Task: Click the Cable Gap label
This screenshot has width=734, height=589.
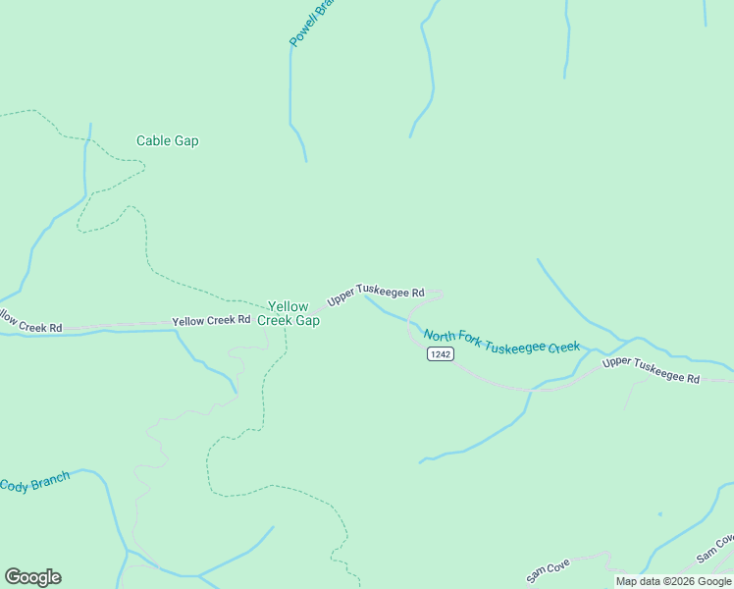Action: (167, 140)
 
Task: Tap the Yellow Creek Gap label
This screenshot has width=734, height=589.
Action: (288, 313)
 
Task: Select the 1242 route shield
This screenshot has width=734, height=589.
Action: (440, 354)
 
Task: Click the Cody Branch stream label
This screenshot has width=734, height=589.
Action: (34, 483)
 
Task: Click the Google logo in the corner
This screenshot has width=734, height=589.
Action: (32, 577)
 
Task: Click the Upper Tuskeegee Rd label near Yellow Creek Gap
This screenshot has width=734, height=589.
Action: (376, 294)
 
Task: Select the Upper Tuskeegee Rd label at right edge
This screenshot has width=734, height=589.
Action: (651, 370)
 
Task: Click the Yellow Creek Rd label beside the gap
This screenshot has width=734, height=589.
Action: (211, 321)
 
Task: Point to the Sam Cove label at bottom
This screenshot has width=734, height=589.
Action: (548, 571)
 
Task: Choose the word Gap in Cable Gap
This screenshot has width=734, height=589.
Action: (186, 140)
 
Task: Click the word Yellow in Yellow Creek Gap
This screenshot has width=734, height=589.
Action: (288, 306)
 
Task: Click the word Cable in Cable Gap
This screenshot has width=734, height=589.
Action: (154, 140)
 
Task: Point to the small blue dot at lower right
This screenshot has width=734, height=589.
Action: (659, 514)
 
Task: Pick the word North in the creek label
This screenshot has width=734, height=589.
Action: (438, 335)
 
